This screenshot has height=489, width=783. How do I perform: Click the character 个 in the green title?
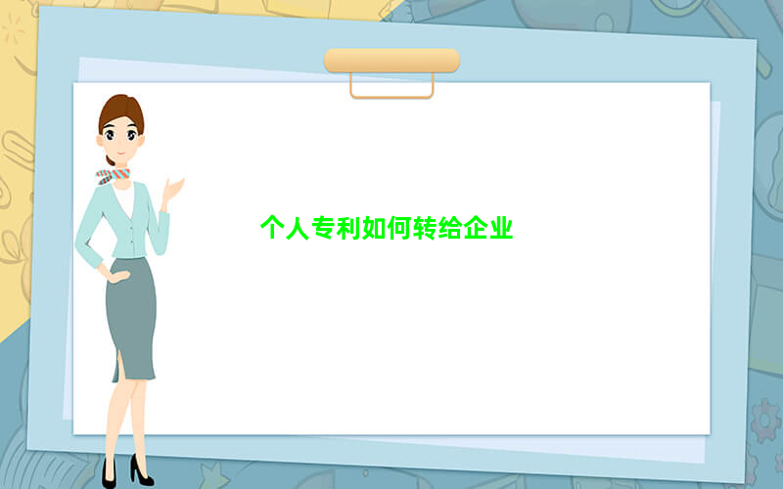(272, 228)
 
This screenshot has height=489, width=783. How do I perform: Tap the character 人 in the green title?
(298, 228)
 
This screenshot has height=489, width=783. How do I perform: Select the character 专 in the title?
(323, 228)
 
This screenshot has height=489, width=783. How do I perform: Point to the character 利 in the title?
(348, 228)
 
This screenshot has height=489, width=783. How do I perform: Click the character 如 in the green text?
(374, 228)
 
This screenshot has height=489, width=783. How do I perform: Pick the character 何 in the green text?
(399, 228)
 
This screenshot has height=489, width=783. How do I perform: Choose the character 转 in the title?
(425, 228)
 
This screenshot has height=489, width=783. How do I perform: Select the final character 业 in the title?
(501, 228)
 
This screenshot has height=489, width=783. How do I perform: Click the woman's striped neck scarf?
(113, 176)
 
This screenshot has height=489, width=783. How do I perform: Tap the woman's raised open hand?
(173, 190)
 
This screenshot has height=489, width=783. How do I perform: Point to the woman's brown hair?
(121, 111)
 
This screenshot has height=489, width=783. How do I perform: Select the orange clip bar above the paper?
(392, 61)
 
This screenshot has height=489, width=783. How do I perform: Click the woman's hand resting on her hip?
(117, 276)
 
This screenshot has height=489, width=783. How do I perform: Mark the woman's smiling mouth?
(121, 153)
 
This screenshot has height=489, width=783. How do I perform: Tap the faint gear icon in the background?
(765, 421)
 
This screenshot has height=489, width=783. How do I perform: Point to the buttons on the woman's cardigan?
(132, 234)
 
